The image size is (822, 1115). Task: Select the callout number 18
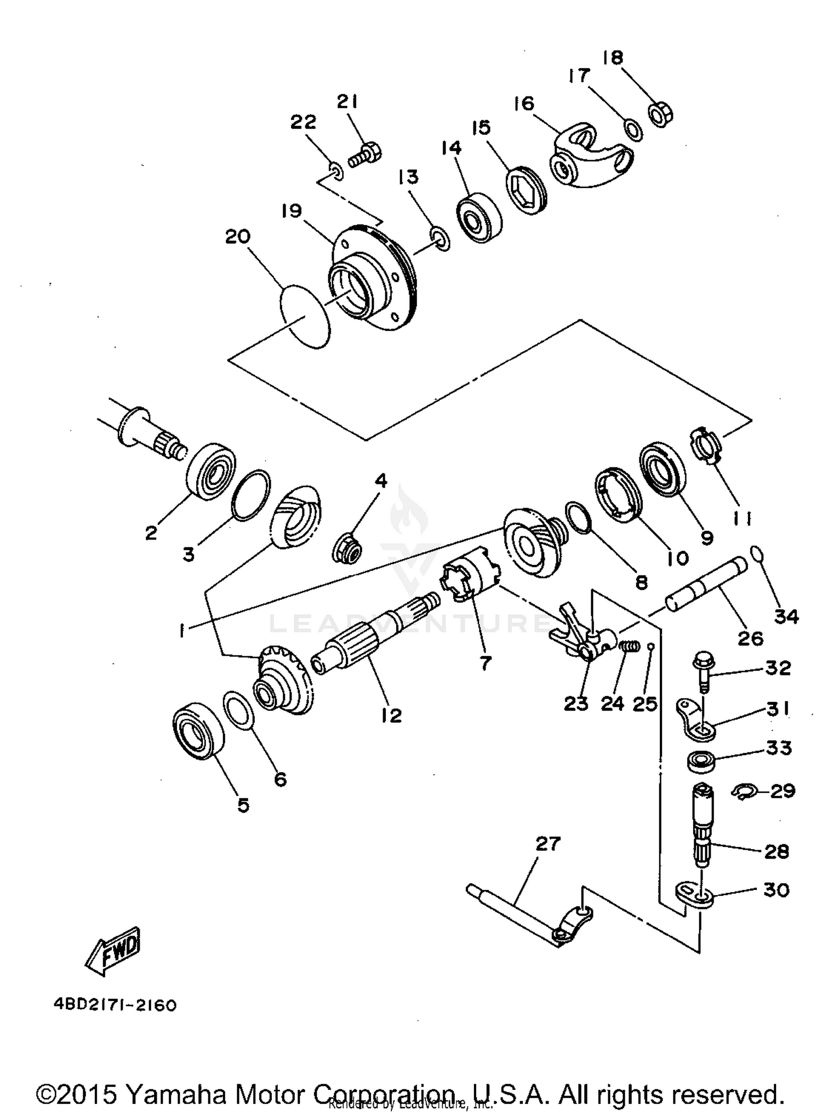pos(613,58)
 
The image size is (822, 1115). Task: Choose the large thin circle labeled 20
pos(306,316)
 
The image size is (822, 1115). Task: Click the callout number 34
pos(786,616)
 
